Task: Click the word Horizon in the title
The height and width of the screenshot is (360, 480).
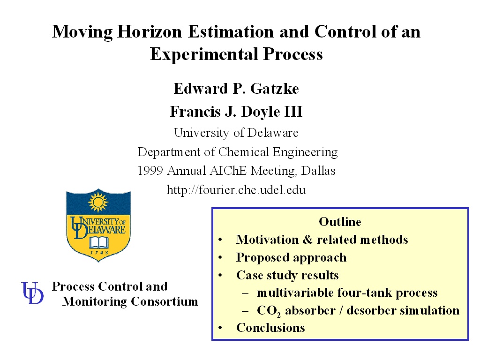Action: (150, 31)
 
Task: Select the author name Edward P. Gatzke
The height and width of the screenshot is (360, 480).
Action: (236, 89)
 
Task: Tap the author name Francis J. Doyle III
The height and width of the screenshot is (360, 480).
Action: (236, 112)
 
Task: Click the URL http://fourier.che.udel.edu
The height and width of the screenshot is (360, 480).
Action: (236, 190)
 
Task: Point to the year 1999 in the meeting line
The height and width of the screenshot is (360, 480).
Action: (150, 171)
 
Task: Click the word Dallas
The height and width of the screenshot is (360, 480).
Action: (318, 171)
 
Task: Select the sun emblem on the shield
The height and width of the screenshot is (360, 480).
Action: (98, 201)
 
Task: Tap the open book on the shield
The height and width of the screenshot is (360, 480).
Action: (99, 242)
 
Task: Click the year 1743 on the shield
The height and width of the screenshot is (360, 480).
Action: (99, 253)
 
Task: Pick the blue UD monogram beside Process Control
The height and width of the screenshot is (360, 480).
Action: (32, 293)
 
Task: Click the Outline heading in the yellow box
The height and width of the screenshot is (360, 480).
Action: (340, 222)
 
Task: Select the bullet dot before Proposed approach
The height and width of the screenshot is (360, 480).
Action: (220, 258)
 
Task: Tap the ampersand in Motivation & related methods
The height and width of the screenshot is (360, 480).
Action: (307, 240)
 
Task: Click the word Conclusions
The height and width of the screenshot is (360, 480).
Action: (270, 328)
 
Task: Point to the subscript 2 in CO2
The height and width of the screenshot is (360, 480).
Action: (278, 315)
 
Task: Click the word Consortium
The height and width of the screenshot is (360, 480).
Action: (165, 301)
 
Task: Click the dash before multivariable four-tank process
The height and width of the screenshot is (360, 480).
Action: (245, 293)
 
